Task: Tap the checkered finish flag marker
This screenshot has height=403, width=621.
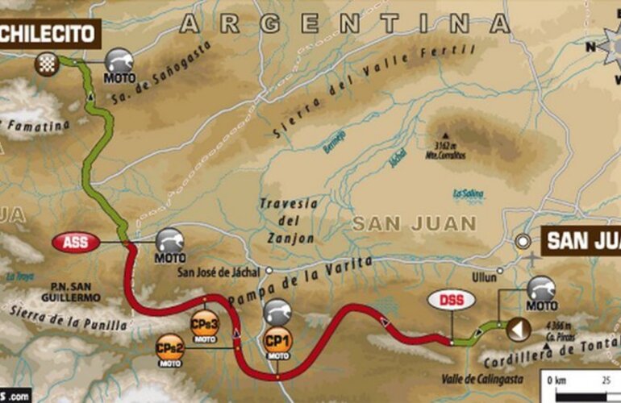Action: pos(45,63)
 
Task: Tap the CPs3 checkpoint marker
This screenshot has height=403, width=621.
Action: pos(203,325)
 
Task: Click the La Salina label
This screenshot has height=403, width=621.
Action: pos(467,193)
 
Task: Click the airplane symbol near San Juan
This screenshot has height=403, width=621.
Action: pos(531,259)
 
